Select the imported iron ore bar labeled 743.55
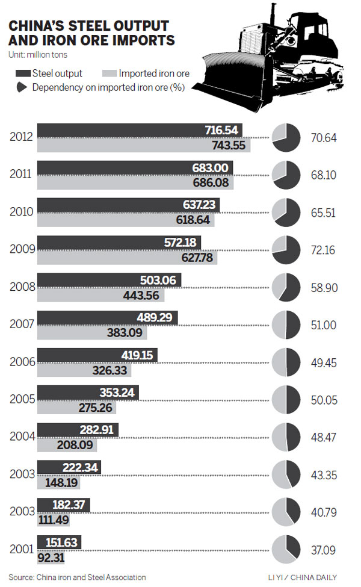click(x=144, y=146)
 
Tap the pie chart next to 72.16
click(x=286, y=250)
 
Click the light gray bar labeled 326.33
click(x=84, y=370)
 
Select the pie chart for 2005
click(x=286, y=400)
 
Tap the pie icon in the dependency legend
click(x=22, y=87)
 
